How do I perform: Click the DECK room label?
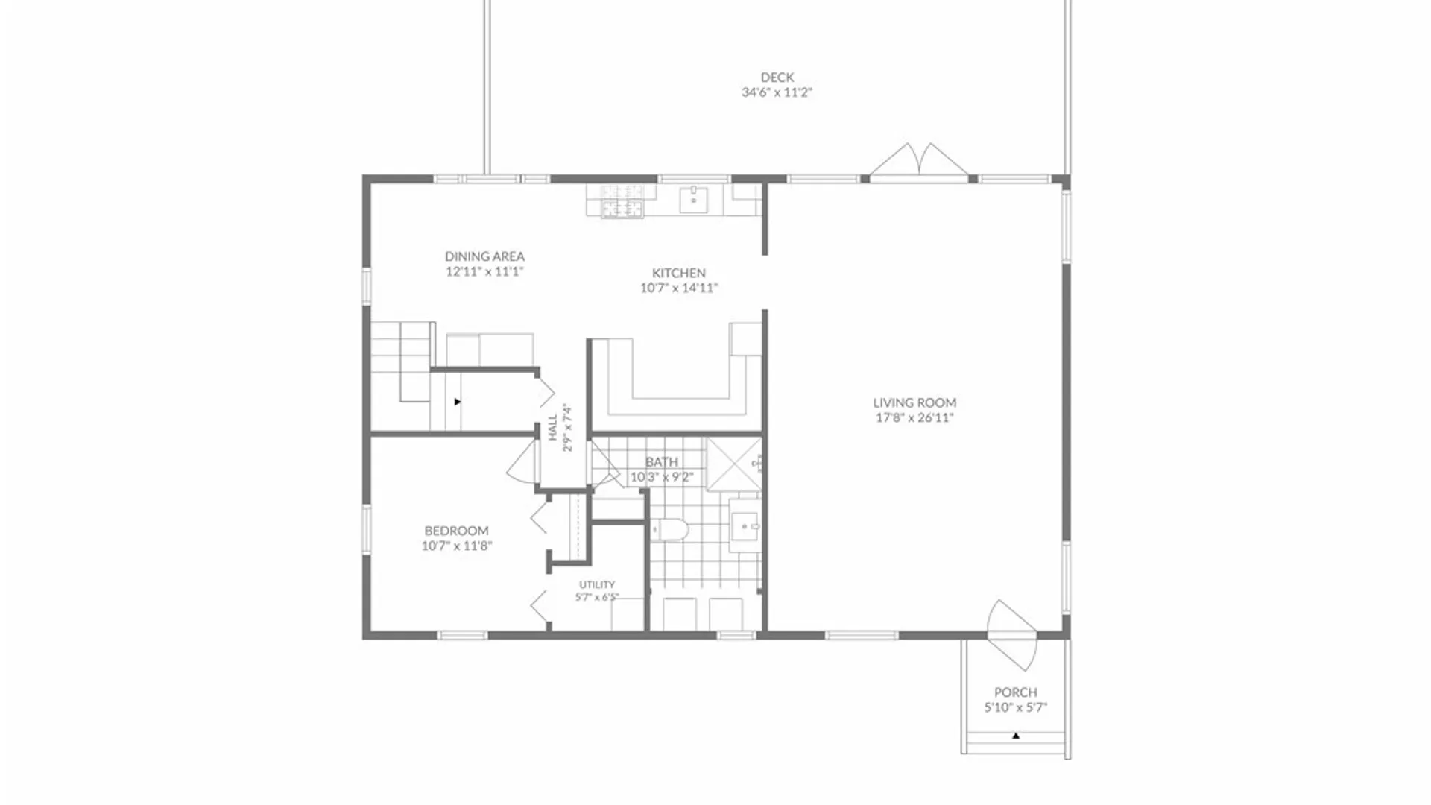pos(777,78)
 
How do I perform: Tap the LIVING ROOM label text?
pos(914,402)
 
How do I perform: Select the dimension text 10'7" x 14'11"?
pos(679,288)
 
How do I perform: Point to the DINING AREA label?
pos(484,256)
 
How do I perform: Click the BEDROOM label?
pos(457,531)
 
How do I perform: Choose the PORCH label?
pos(1016,692)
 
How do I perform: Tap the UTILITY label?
pos(597,584)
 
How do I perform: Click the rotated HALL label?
pos(553,428)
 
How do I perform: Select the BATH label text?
pos(662,462)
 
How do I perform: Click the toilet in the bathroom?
pos(669,530)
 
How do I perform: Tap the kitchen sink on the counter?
pos(693,200)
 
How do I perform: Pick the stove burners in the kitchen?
pos(622,201)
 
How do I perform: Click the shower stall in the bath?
pos(734,464)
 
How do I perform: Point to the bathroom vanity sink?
pos(744,527)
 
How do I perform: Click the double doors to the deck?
pos(919,162)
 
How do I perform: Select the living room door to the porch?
pos(1012,634)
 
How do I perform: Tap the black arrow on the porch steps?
pos(1016,736)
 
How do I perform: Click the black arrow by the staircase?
pos(458,402)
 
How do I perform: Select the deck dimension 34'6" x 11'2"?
pos(777,92)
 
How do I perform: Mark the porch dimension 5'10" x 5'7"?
pos(1016,707)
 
